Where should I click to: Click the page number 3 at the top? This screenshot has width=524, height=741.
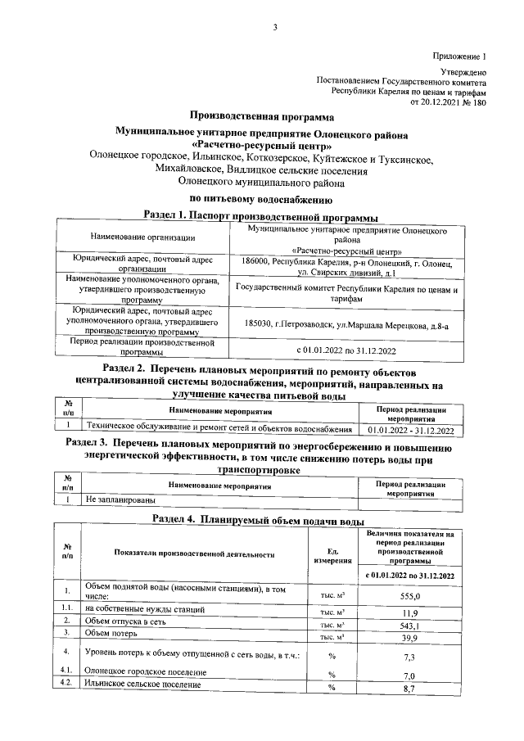275,28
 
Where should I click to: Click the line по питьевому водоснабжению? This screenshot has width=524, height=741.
260,198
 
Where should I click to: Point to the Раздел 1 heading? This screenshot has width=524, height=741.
260,216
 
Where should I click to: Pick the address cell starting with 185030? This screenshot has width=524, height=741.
347,324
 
